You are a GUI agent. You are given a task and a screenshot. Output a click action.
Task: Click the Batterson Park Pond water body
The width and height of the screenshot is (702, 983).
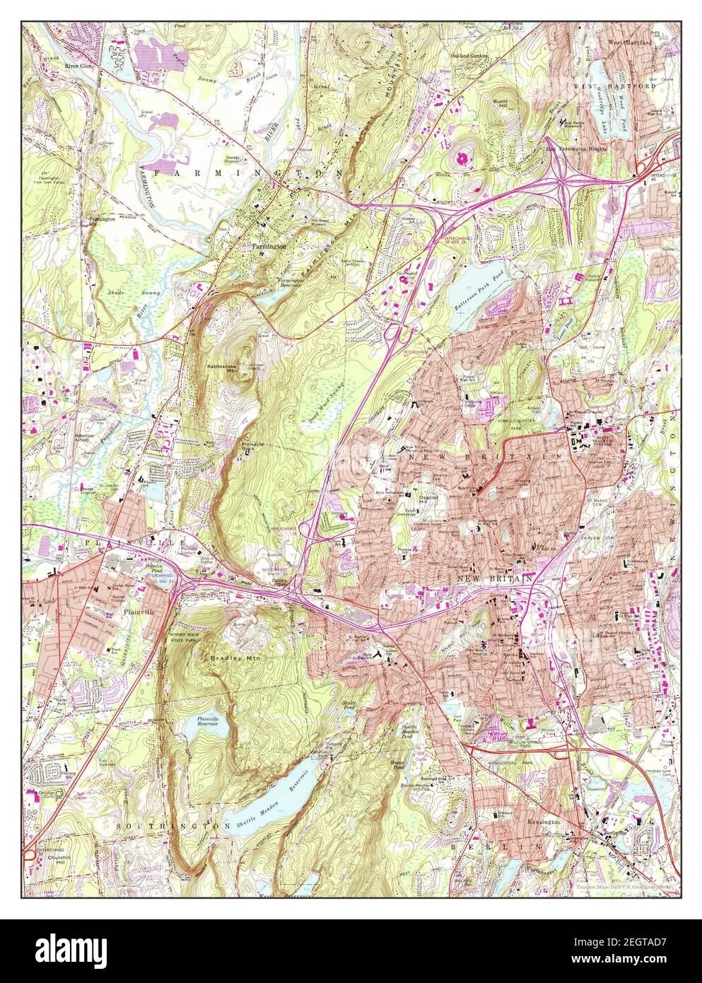[474, 284]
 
